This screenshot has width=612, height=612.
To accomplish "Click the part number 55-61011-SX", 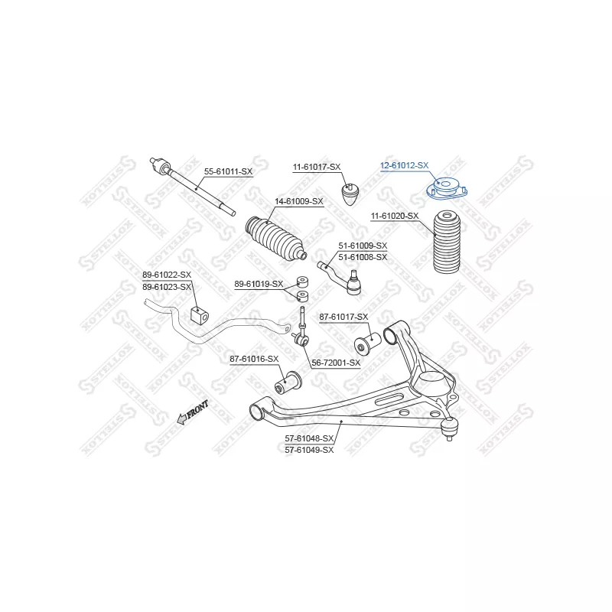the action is click(x=228, y=171).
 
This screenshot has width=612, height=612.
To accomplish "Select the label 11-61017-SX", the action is click(x=317, y=167).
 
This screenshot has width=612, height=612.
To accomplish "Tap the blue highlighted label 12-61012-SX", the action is click(x=405, y=165).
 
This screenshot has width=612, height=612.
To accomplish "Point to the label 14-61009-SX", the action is click(x=299, y=201).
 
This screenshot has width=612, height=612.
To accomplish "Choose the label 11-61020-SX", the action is click(x=395, y=216).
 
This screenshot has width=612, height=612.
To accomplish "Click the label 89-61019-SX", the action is click(x=259, y=284).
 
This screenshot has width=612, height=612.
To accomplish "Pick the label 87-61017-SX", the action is click(x=343, y=317).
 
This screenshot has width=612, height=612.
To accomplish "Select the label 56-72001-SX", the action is click(x=336, y=363).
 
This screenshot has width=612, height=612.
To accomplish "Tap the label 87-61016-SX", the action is click(x=254, y=359).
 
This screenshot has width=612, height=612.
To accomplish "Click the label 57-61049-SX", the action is click(x=310, y=450).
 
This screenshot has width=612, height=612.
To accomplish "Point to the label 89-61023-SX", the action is click(x=167, y=288).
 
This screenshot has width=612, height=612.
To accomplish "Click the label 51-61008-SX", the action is click(x=363, y=257).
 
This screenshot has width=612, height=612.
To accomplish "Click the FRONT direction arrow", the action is click(x=193, y=412).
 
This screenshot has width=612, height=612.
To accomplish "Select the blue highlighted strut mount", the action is click(x=446, y=187).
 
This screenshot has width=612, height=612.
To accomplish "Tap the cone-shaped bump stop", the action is click(x=350, y=194).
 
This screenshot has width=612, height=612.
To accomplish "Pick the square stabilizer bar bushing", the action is click(x=200, y=314).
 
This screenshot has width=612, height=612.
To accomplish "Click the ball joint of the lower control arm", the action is click(x=450, y=428).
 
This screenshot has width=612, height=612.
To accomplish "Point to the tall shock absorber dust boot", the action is click(x=447, y=242).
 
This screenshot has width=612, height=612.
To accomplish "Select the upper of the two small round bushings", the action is click(x=303, y=282).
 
